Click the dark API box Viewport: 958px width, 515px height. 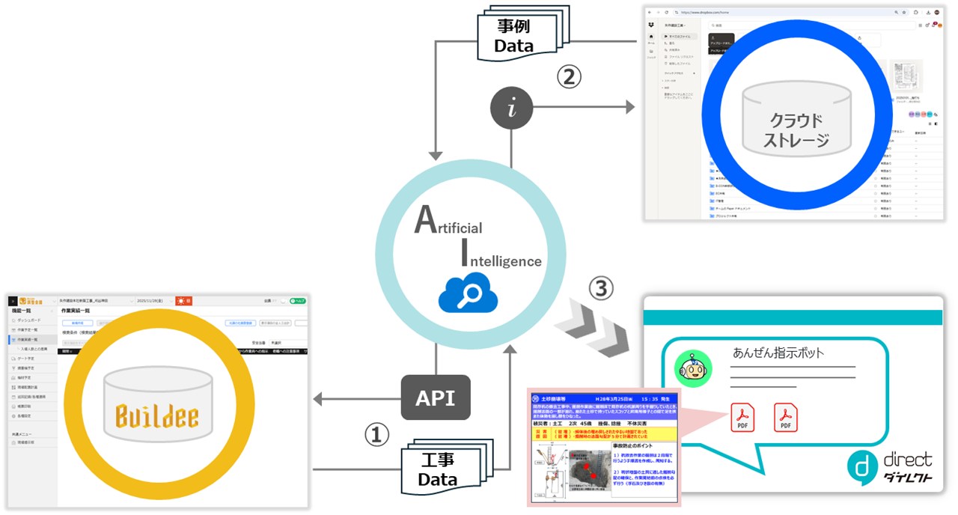[435, 397]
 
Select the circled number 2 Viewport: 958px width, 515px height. [570, 76]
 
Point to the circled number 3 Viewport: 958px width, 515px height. [602, 288]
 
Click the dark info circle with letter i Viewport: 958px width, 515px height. [511, 109]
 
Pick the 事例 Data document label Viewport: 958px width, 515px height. [516, 37]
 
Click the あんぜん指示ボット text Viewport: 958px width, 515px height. [778, 353]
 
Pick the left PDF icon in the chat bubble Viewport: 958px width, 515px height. [742, 417]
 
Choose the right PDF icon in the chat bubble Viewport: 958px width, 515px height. [786, 417]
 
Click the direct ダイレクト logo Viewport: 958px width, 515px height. [891, 467]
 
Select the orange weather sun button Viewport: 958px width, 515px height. [184, 301]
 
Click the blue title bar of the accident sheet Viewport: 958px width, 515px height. [603, 397]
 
